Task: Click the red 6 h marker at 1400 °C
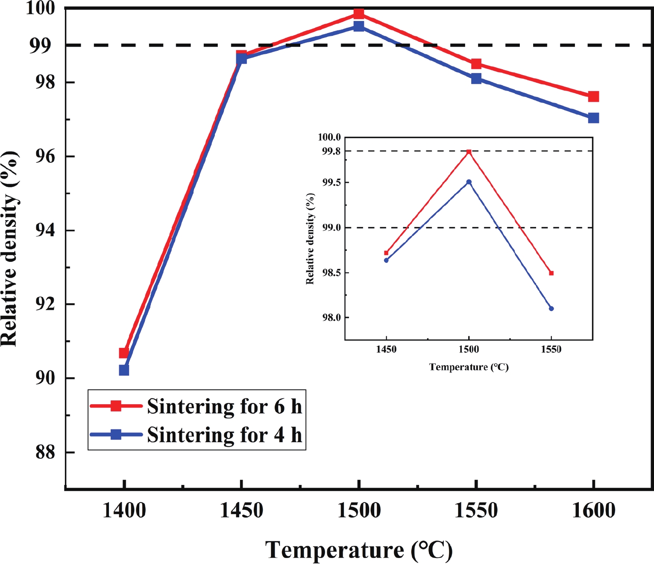[124, 353]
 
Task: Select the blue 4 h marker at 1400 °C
[124, 370]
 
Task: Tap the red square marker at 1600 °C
[593, 97]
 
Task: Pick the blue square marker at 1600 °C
[593, 118]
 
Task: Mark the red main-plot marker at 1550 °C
[476, 64]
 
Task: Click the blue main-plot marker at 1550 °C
[476, 79]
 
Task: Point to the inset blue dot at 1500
[469, 182]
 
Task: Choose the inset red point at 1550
[551, 273]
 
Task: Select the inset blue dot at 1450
[386, 260]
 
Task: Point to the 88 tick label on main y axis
[45, 452]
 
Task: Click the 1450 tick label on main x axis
[241, 511]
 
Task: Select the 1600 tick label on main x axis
[593, 511]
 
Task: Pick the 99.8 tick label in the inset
[331, 151]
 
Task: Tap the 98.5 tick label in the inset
[331, 273]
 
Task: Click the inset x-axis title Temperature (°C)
[469, 367]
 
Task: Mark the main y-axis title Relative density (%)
[10, 248]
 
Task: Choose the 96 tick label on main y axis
[45, 156]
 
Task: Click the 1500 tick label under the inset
[469, 350]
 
